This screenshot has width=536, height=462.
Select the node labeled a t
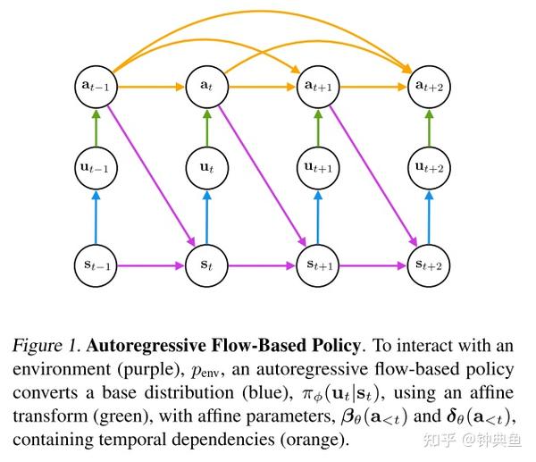coord(205,86)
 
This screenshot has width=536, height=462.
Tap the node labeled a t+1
coord(317,86)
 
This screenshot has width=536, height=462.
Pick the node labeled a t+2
coord(429,86)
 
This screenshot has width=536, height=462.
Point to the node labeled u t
coord(205,166)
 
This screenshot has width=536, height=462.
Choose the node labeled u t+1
coord(317,166)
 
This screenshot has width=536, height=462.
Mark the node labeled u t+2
coord(429,166)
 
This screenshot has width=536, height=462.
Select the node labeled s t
coord(205,265)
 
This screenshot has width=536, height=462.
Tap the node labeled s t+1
coord(317,265)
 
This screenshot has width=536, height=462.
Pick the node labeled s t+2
coord(429,265)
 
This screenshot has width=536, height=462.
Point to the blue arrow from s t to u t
coord(205,215)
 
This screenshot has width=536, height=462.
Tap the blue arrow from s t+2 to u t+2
coord(429,215)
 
